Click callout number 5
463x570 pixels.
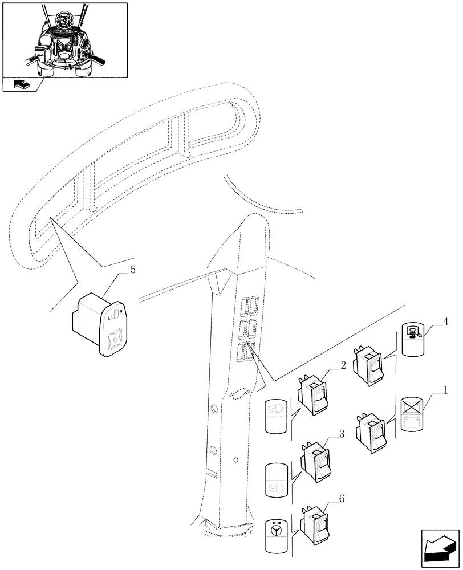132,270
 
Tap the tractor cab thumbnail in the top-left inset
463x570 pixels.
64,40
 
